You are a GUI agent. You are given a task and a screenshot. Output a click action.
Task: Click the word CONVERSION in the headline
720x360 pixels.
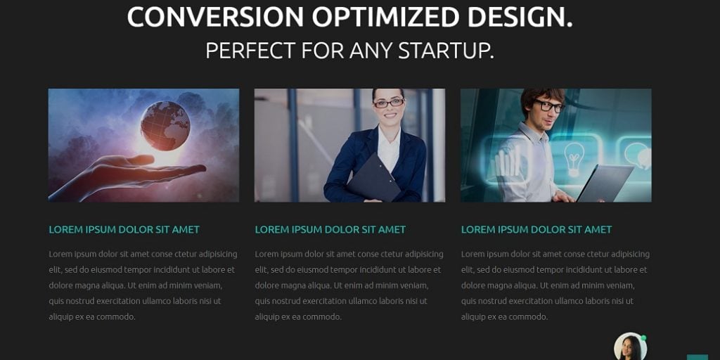click(x=215, y=17)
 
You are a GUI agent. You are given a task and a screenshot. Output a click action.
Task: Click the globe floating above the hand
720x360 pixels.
click(x=165, y=126)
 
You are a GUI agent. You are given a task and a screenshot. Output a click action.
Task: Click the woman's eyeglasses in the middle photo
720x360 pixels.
click(x=389, y=103)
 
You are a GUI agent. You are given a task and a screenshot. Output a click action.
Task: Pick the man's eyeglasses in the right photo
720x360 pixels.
click(x=548, y=106)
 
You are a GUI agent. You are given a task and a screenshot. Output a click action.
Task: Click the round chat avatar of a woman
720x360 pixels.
click(x=629, y=347)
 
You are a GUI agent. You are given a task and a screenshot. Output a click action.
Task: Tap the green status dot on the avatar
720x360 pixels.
click(x=643, y=338)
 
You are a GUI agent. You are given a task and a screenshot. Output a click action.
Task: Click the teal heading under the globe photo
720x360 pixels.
click(x=124, y=229)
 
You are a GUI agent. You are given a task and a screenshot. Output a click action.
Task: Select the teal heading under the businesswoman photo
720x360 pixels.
click(x=330, y=229)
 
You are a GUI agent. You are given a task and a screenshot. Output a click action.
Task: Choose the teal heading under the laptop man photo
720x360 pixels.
click(x=536, y=229)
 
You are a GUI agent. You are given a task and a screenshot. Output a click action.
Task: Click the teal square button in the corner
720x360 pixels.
click(x=697, y=356)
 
